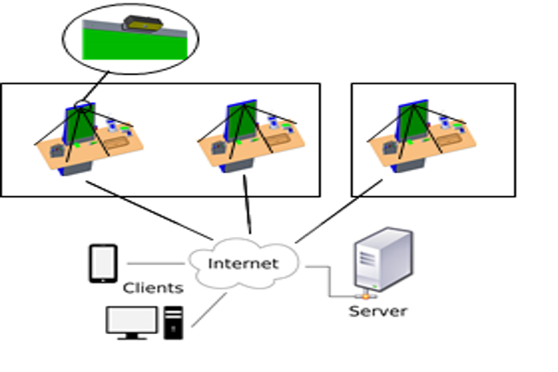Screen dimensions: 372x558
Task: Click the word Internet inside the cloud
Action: tap(243, 264)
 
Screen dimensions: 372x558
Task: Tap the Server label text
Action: tap(378, 312)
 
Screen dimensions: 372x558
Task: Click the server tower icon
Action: tap(382, 262)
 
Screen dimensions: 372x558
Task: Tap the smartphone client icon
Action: tap(101, 263)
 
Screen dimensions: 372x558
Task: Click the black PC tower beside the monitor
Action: tap(173, 320)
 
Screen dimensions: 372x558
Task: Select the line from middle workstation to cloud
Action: tap(247, 209)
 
